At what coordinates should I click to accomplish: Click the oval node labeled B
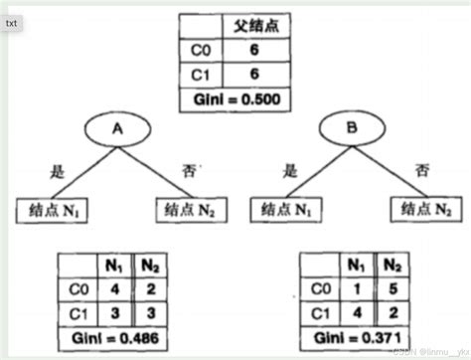tap(349, 130)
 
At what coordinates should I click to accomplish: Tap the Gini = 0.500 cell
tap(235, 101)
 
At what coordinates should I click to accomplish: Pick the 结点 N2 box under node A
tap(191, 210)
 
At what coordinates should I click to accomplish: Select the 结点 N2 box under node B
tap(423, 210)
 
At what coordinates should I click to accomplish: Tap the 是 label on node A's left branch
tap(58, 171)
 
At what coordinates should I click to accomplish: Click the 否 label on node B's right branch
tap(420, 171)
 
